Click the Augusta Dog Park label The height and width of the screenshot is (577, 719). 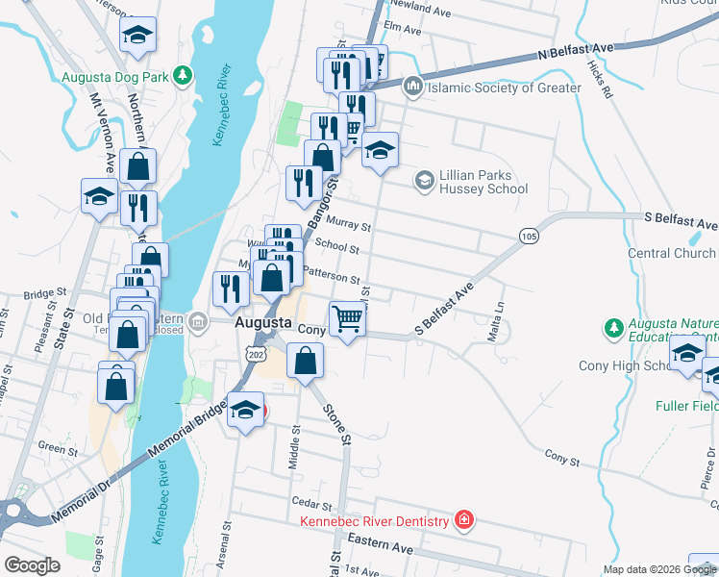113,77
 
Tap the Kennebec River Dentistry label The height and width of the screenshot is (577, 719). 374,521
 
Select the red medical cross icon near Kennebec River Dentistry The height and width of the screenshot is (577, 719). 464,520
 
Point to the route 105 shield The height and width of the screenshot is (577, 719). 527,236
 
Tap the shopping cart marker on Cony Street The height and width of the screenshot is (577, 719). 347,318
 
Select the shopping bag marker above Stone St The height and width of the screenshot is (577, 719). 305,362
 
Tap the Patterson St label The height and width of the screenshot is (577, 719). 332,275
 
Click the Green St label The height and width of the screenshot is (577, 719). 58,448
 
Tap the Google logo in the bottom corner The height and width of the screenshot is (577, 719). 32,565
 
